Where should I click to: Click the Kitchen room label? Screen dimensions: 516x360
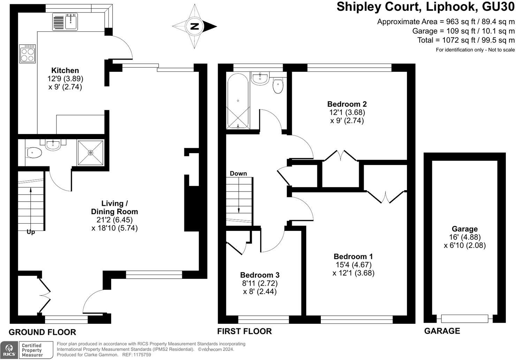click(x=65, y=70)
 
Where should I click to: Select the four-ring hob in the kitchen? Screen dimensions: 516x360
click(x=28, y=54)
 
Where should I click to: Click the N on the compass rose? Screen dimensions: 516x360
click(x=195, y=26)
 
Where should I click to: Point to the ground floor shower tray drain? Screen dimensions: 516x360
click(x=91, y=152)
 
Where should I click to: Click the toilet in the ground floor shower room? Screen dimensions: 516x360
click(x=34, y=153)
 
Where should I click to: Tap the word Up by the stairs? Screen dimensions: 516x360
click(x=31, y=232)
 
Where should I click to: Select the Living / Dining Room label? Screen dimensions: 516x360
click(x=114, y=208)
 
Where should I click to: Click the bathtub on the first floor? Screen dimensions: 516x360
click(x=238, y=101)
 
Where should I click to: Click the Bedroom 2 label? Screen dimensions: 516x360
click(x=347, y=104)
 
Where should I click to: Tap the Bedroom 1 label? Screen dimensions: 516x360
click(x=354, y=256)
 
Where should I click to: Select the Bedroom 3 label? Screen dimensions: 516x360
click(x=260, y=275)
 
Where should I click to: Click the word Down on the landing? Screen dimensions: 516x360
click(x=238, y=173)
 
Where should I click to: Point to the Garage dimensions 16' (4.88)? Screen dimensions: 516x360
click(x=465, y=237)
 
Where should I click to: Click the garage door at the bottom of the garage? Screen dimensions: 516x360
click(x=465, y=319)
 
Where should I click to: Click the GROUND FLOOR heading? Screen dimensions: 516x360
click(x=43, y=332)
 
